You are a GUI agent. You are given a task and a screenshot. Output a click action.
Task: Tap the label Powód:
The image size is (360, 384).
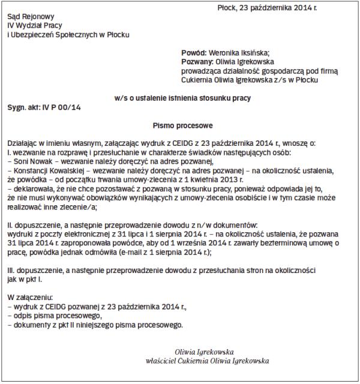pos(194,53)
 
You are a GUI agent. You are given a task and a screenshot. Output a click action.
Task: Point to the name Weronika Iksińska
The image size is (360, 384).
pos(239,53)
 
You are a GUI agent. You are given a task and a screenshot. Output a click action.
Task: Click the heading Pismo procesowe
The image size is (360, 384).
pos(180,125)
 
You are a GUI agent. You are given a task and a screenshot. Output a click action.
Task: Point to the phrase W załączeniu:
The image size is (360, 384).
pos(31,298)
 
